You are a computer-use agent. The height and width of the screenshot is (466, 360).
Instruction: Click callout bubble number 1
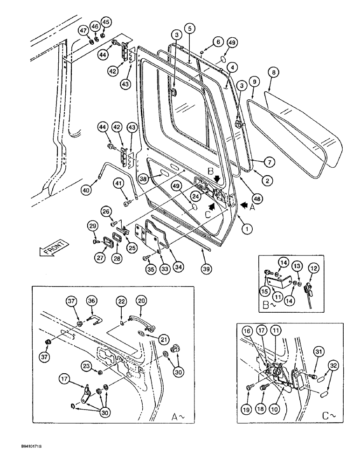(247, 229)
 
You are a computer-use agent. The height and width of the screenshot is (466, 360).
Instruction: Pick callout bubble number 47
(83, 31)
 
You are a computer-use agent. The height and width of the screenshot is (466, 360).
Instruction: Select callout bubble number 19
(247, 409)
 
